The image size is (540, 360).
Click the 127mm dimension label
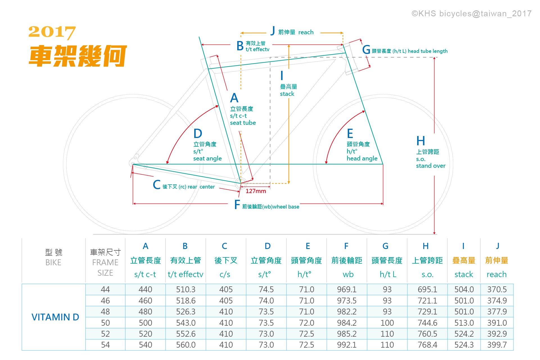click(x=256, y=191)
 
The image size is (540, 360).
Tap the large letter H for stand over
click(x=421, y=141)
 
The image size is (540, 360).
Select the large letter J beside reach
click(x=272, y=31)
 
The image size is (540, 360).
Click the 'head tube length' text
click(x=428, y=51)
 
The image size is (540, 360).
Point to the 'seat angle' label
click(x=207, y=159)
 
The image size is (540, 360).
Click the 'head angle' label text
click(x=362, y=159)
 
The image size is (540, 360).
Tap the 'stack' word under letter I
click(x=287, y=94)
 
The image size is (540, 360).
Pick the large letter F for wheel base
click(x=237, y=205)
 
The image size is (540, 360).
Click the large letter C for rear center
click(x=157, y=185)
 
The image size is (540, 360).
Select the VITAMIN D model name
click(x=55, y=317)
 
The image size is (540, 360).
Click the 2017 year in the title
click(x=52, y=32)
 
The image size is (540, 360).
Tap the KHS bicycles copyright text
click(x=471, y=13)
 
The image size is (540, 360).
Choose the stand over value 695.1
click(x=427, y=289)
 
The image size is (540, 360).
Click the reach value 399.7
click(x=497, y=345)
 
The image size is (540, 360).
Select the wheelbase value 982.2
click(x=347, y=312)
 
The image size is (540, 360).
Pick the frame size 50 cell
click(x=105, y=323)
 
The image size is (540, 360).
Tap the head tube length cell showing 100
click(x=387, y=323)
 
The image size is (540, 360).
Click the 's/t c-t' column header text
click(x=145, y=274)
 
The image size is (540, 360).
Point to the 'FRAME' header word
click(x=105, y=262)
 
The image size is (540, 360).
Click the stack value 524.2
click(x=464, y=334)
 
